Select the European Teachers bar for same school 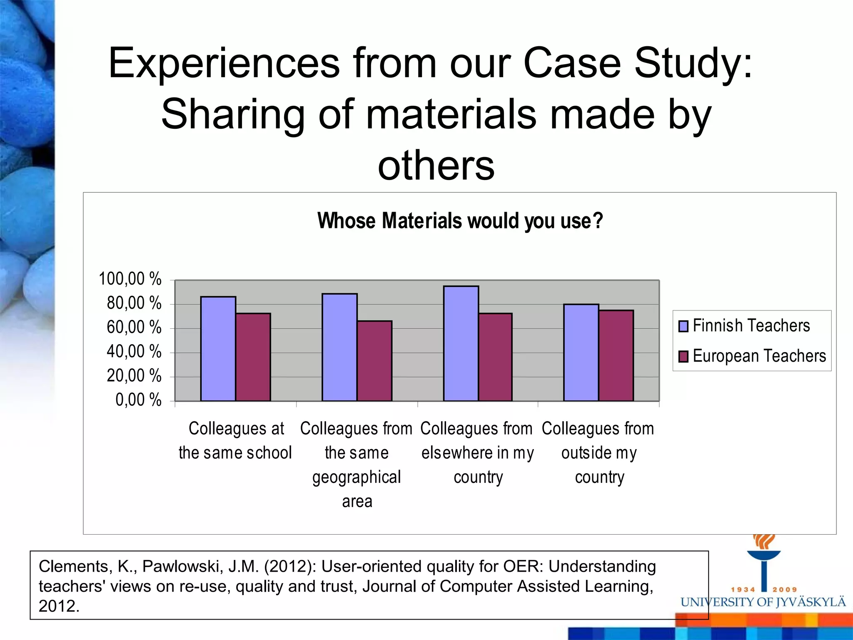[253, 357]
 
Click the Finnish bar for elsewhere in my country [461, 343]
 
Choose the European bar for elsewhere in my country [495, 357]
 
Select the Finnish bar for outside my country [581, 352]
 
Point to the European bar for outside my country [616, 355]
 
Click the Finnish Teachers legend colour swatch [683, 326]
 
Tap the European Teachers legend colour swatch [683, 356]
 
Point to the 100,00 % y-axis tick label [130, 279]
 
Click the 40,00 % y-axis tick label [134, 352]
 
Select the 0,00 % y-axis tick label [138, 400]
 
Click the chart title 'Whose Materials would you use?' [460, 221]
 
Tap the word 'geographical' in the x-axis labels [357, 477]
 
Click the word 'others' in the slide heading [436, 165]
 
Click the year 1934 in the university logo [743, 590]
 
